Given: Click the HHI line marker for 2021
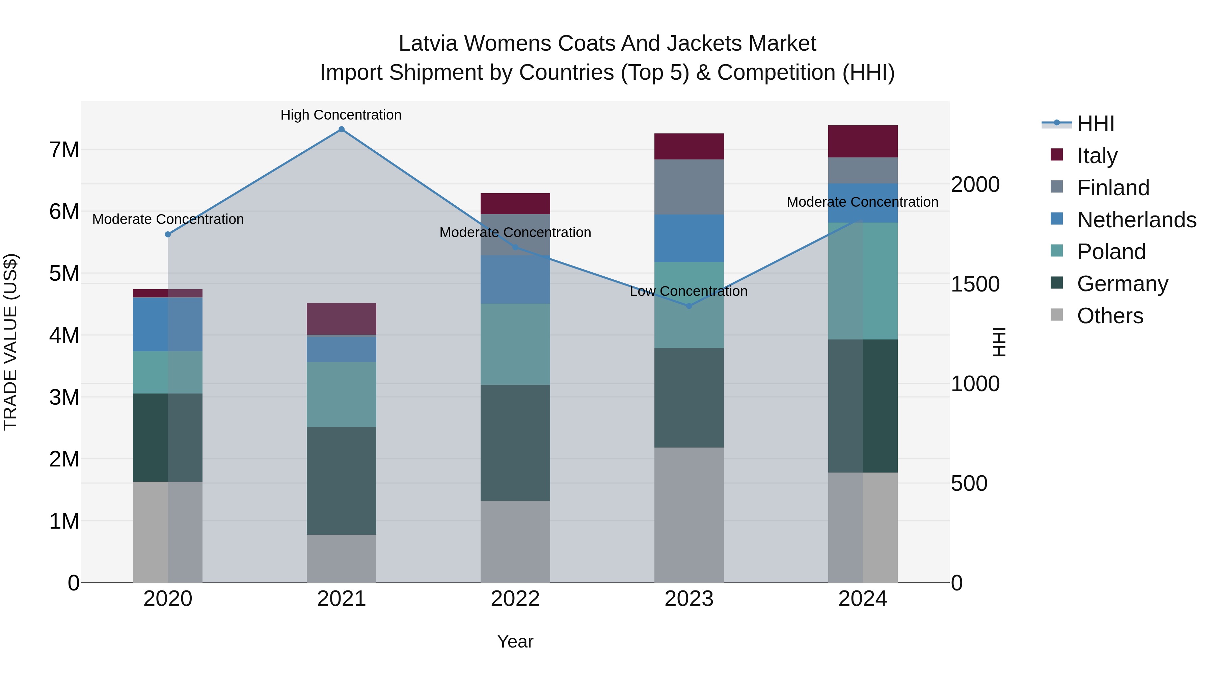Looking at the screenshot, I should pyautogui.click(x=342, y=129).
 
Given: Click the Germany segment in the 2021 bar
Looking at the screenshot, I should pyautogui.click(x=342, y=481).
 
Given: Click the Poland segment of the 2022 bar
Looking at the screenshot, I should pyautogui.click(x=515, y=344).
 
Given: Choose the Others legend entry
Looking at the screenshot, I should pyautogui.click(x=1110, y=316).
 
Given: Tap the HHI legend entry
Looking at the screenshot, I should pyautogui.click(x=1095, y=124).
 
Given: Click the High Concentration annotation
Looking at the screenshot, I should pyautogui.click(x=341, y=115).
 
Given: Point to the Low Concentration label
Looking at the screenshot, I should pyautogui.click(x=688, y=291).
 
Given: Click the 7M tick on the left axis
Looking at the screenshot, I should pyautogui.click(x=64, y=150).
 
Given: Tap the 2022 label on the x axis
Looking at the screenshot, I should pyautogui.click(x=515, y=599).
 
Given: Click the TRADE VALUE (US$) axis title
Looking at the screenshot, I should pyautogui.click(x=10, y=342).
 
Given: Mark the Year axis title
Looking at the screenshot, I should pyautogui.click(x=515, y=641).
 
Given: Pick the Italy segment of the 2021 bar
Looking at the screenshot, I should pyautogui.click(x=342, y=319).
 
